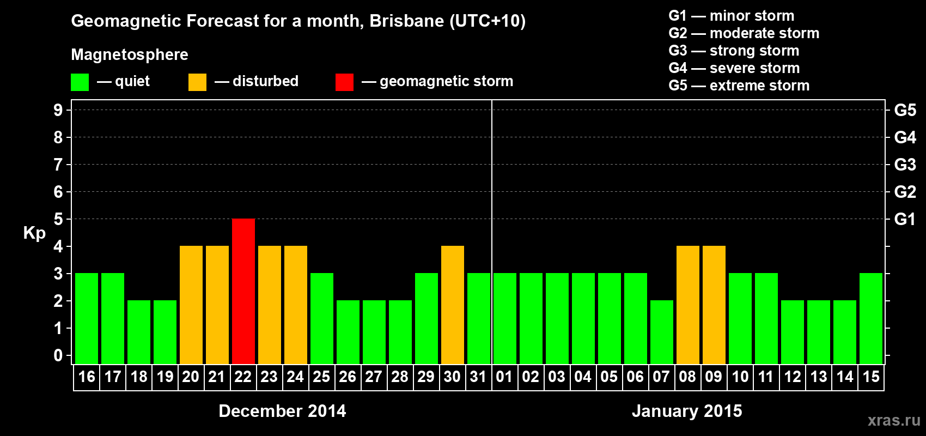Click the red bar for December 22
click(243, 291)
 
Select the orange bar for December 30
click(453, 305)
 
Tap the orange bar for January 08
click(688, 305)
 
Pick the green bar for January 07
click(662, 332)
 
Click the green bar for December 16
click(87, 318)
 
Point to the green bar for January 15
click(871, 318)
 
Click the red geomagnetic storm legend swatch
click(344, 82)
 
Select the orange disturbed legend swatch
click(197, 82)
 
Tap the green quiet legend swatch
click(80, 82)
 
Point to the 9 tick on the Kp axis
click(58, 110)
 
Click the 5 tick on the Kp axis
click(58, 219)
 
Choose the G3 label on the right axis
click(905, 165)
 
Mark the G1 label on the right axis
click(905, 219)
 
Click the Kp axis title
click(34, 233)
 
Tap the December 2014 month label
click(282, 411)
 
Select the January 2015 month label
click(687, 411)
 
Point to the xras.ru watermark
click(894, 420)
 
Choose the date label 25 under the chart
click(321, 377)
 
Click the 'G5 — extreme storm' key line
click(739, 86)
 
